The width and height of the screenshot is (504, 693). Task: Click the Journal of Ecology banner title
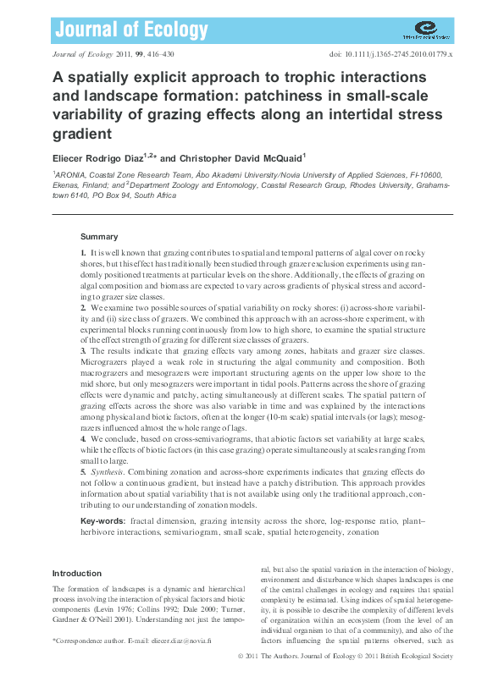(130, 31)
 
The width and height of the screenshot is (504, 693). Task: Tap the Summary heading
(99, 237)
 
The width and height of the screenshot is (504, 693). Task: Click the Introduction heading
(77, 574)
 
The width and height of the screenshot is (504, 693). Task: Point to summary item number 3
(83, 350)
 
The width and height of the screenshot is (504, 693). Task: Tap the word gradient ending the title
(82, 134)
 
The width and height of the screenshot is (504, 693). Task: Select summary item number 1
(83, 254)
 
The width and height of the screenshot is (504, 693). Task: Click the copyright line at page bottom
(346, 657)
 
